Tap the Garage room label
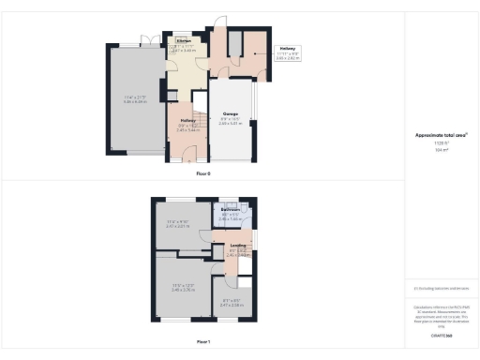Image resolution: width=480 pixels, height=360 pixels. tap(230, 114)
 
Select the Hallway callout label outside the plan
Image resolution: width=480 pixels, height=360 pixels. tap(287, 48)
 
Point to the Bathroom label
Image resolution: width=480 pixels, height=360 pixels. tap(231, 210)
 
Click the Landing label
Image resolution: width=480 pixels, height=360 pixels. tap(238, 246)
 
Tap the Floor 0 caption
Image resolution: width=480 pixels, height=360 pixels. tap(203, 174)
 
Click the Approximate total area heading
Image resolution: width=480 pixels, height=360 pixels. tap(441, 135)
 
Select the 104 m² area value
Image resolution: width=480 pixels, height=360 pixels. tap(441, 149)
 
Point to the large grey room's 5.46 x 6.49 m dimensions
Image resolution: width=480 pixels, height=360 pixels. tap(135, 100)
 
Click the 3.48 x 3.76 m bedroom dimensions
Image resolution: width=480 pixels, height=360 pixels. tap(183, 290)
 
